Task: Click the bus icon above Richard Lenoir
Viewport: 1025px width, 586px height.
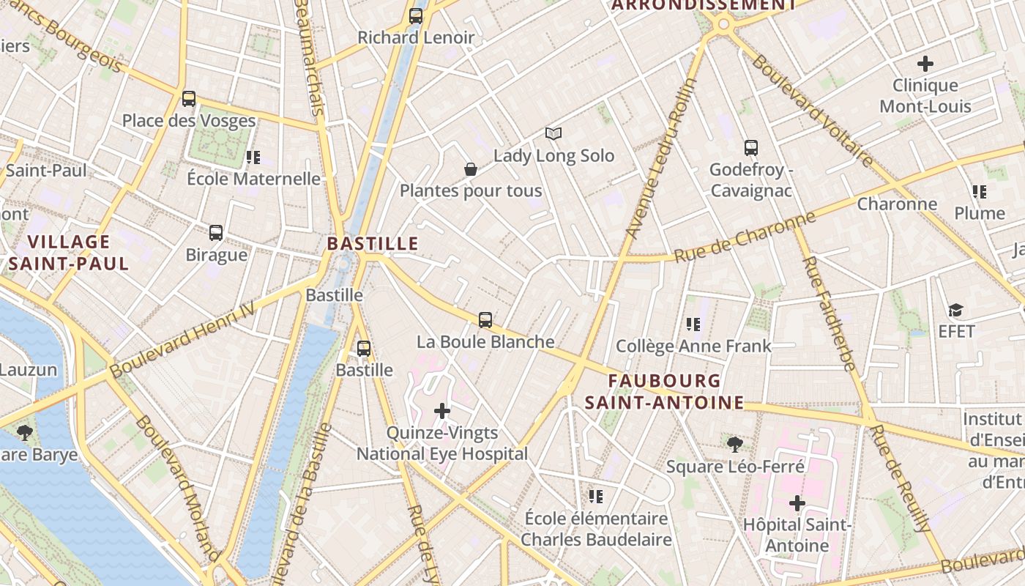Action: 416,15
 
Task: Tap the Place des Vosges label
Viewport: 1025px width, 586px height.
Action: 189,121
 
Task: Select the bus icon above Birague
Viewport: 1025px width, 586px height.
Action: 216,233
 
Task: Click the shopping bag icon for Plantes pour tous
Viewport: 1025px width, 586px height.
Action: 471,169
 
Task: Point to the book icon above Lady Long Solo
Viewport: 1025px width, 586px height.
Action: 553,134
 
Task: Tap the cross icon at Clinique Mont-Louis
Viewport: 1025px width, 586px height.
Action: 925,64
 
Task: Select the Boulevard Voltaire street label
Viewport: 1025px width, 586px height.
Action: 812,111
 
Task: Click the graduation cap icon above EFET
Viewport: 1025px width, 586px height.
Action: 955,310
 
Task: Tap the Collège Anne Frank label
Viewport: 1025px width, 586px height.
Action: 693,346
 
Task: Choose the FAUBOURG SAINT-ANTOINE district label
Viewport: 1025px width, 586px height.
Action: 664,392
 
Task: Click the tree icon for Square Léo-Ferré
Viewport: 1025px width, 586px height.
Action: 735,444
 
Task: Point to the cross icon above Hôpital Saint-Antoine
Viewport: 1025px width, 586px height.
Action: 797,503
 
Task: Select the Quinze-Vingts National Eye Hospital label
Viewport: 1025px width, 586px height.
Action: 442,444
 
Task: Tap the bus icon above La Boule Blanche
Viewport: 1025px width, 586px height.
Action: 485,320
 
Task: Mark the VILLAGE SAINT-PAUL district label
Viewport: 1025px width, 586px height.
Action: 69,253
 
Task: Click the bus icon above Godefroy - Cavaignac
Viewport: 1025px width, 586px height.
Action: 751,148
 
